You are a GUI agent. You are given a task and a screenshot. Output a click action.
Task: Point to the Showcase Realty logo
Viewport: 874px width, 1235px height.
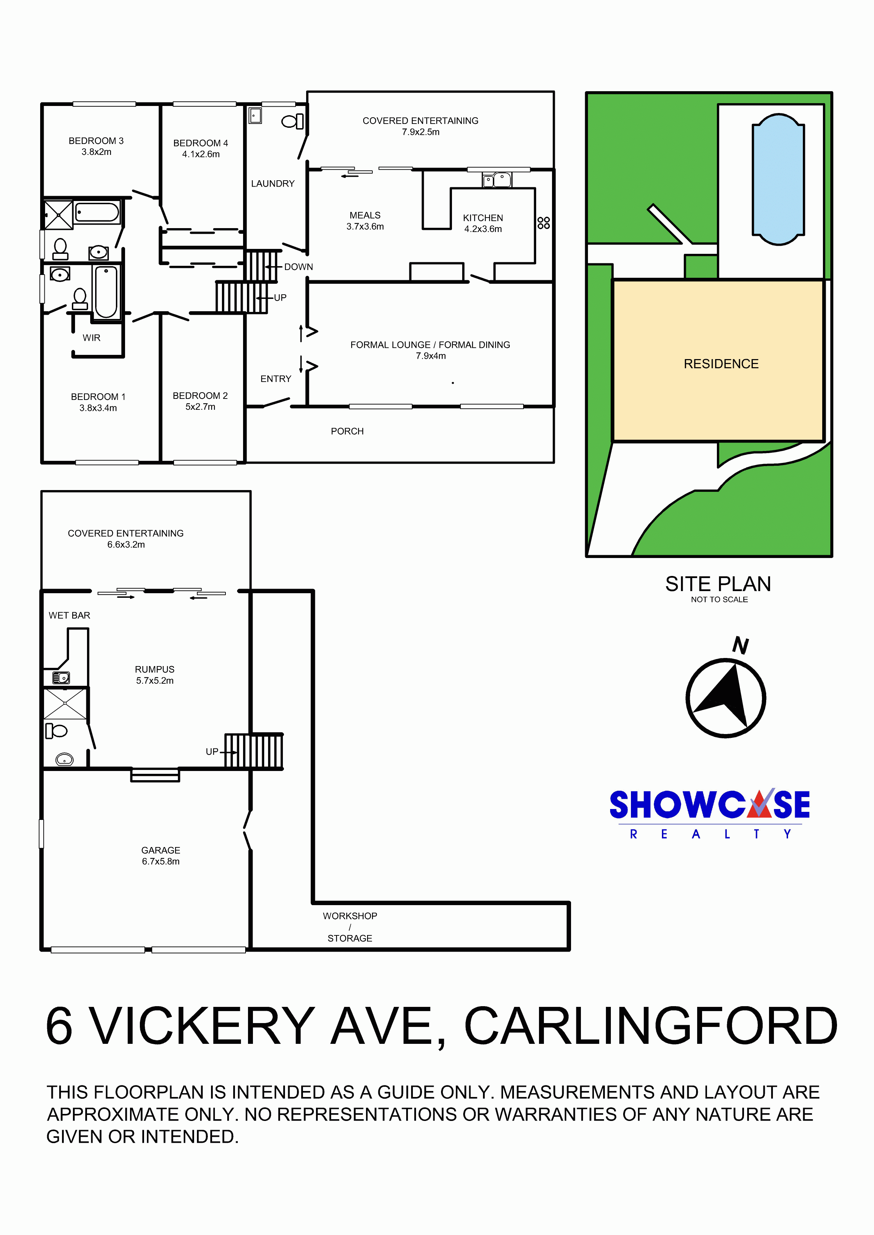coord(710,814)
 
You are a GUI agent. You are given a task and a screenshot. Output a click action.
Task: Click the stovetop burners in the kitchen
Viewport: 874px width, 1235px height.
coord(544,223)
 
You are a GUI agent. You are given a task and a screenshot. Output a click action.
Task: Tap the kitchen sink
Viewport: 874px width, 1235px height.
coord(497,180)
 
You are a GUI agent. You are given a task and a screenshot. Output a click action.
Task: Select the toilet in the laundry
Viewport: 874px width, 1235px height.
coord(292,121)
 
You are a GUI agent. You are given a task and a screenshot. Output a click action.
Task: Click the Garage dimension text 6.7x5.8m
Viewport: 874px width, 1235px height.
coord(161,861)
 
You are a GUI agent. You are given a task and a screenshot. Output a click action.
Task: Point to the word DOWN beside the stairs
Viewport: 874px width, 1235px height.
coord(299,267)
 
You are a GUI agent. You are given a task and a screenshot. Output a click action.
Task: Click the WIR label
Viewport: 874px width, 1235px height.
coord(92,338)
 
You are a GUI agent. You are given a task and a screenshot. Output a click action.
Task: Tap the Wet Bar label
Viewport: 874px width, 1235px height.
coord(69,615)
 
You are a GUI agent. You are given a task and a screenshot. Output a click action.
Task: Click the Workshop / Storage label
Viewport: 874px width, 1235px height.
coord(350,927)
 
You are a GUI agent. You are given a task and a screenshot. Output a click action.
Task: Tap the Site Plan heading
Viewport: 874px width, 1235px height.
coord(718,584)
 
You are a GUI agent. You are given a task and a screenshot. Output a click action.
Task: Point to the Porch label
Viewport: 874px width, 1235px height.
coord(347,431)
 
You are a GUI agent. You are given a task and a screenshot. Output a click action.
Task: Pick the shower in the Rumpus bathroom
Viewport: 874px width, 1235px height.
coord(65,703)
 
